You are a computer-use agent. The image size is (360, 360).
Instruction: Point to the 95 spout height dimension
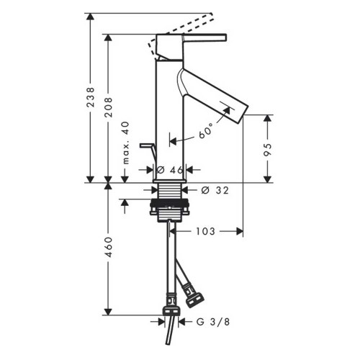pos(268,149)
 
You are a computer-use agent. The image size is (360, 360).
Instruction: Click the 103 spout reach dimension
pos(205,231)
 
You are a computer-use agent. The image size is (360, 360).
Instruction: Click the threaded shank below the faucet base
pos(171,192)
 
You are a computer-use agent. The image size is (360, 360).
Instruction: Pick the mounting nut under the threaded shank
pos(171,210)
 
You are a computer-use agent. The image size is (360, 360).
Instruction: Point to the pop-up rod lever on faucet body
pos(148,147)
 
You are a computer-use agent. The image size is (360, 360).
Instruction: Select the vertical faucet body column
pos(170,115)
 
